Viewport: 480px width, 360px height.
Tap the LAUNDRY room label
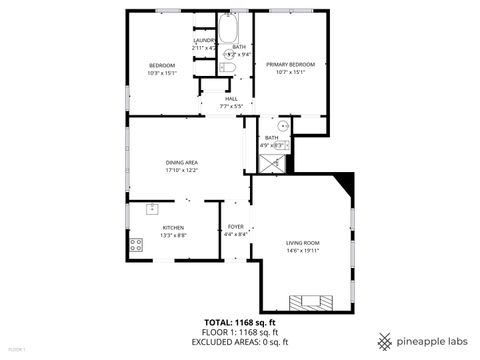(x=204, y=40)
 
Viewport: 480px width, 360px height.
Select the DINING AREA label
(x=181, y=162)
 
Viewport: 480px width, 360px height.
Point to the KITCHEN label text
(x=174, y=227)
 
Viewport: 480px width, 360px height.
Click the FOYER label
(x=236, y=227)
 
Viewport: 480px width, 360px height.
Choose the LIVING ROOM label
(x=302, y=243)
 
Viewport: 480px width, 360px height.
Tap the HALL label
(x=231, y=98)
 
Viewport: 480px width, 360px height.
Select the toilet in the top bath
(x=229, y=68)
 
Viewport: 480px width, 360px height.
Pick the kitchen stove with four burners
(x=134, y=244)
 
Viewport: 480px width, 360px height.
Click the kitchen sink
(x=152, y=208)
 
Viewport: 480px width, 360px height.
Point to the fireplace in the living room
(x=308, y=301)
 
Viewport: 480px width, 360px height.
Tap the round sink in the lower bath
(x=283, y=126)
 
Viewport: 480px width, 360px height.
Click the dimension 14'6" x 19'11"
(x=302, y=252)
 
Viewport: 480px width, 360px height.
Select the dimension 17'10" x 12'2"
(x=181, y=170)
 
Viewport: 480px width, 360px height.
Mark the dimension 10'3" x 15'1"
(x=161, y=72)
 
